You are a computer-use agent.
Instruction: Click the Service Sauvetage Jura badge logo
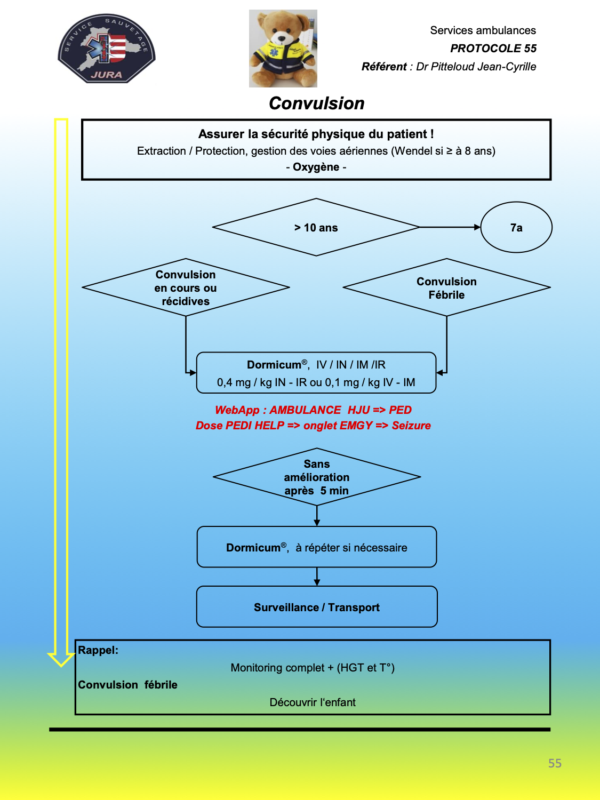click(107, 49)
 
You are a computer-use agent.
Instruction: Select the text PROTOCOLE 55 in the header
click(493, 49)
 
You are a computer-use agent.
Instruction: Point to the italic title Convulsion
click(317, 103)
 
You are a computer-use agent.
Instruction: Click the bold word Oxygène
click(316, 167)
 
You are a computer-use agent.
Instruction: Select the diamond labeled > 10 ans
click(316, 227)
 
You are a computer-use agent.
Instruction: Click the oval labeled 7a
click(516, 227)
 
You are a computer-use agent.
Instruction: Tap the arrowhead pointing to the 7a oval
click(477, 227)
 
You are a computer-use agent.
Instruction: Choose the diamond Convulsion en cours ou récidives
click(186, 287)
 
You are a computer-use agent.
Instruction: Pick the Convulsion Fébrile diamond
click(446, 287)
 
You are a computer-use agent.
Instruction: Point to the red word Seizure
click(411, 425)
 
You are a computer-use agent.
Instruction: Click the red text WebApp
click(237, 410)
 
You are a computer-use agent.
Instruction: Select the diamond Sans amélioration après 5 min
click(317, 477)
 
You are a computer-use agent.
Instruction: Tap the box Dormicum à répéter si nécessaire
click(317, 547)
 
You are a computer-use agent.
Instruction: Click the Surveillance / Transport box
click(317, 607)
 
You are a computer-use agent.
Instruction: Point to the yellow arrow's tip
click(61, 666)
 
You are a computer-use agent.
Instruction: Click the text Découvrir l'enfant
click(313, 702)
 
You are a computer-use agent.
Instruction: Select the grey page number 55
click(555, 763)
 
